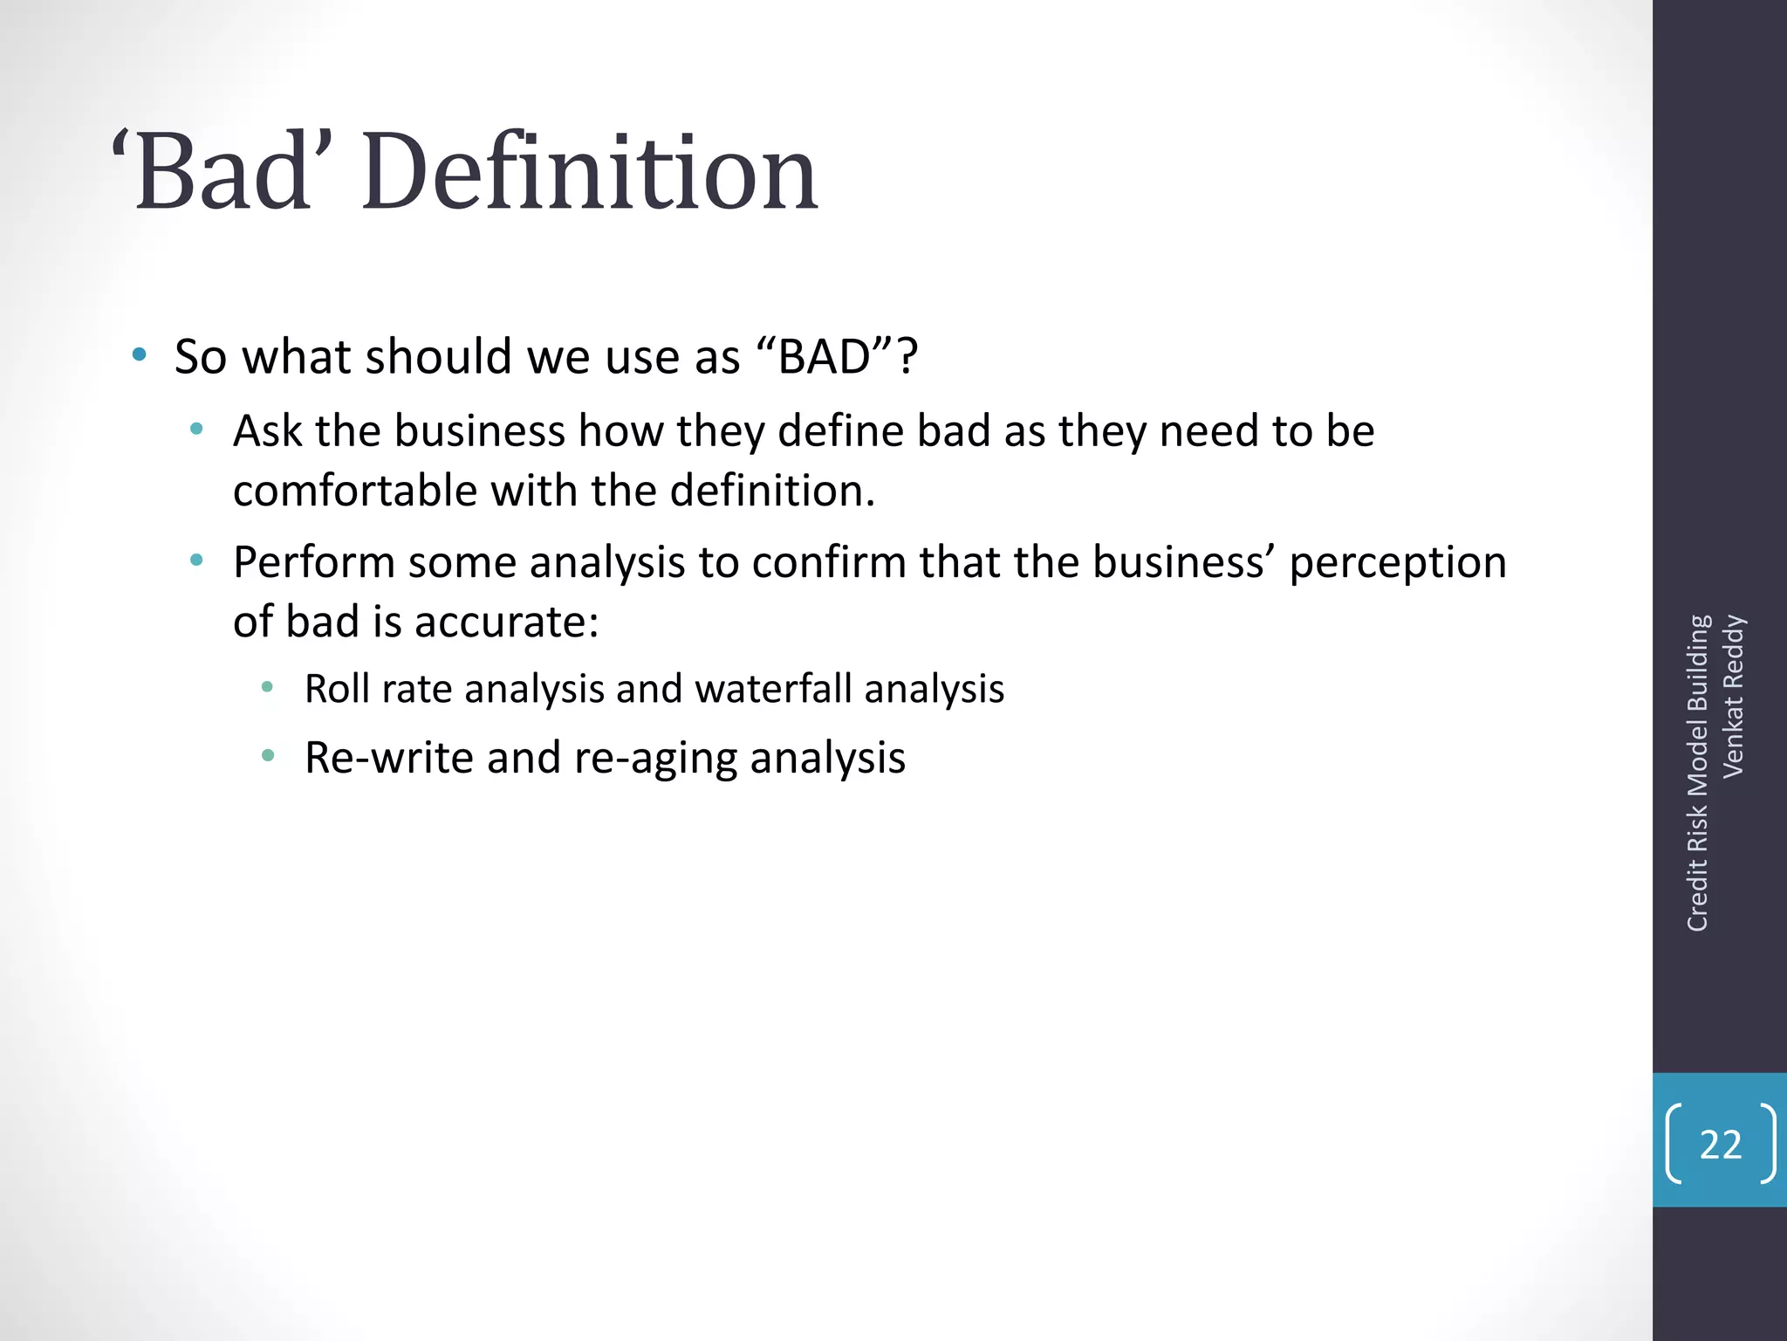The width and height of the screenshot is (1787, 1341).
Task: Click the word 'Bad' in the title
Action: (x=223, y=172)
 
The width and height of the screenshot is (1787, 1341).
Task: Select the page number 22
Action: (x=1720, y=1145)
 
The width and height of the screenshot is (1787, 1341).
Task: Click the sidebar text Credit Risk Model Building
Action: (x=1697, y=773)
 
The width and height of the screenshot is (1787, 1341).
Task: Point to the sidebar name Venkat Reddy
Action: (x=1733, y=696)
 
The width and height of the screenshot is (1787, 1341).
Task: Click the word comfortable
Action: (x=355, y=491)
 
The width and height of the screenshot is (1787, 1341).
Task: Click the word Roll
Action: (x=337, y=689)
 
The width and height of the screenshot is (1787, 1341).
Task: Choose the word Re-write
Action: (x=389, y=757)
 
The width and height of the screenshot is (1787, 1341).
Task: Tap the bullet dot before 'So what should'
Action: (x=140, y=355)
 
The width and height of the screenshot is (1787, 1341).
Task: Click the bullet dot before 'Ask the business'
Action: (x=197, y=429)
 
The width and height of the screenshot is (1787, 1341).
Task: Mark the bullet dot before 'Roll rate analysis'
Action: (x=268, y=687)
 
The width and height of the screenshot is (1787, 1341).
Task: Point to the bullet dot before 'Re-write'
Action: (x=268, y=755)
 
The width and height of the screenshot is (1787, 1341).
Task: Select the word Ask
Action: (x=267, y=431)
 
